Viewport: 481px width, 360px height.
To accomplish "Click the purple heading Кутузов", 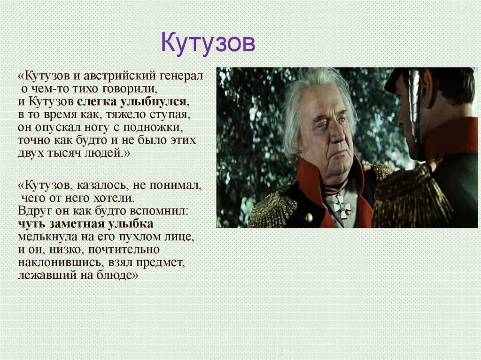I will point(208,43).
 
